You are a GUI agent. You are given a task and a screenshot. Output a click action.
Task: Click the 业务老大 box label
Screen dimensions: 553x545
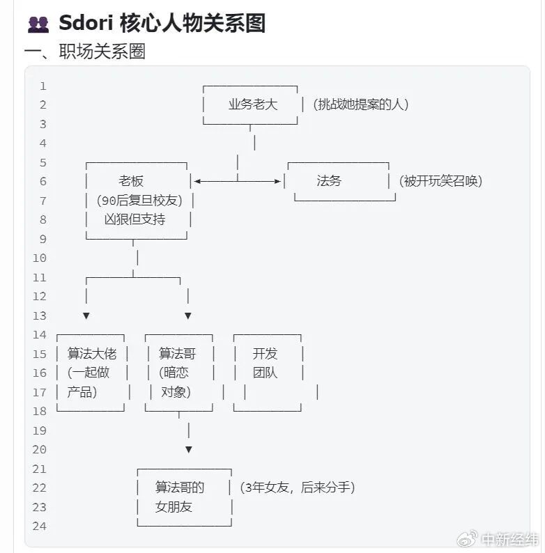click(x=252, y=104)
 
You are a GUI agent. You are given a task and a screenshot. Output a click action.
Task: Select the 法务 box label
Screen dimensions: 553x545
click(x=329, y=181)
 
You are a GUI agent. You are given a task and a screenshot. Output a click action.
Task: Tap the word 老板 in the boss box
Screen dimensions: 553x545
click(x=131, y=181)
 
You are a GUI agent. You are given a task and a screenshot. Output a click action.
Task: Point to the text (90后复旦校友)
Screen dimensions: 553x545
click(x=139, y=201)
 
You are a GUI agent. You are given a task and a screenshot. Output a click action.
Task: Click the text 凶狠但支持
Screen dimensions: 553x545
click(x=135, y=219)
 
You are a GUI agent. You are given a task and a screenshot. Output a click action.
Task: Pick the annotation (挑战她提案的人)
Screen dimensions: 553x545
click(x=360, y=104)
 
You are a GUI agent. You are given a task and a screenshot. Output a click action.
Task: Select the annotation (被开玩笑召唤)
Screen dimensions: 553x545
click(x=441, y=181)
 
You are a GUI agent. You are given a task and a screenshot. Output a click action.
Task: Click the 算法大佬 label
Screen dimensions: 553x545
click(x=91, y=353)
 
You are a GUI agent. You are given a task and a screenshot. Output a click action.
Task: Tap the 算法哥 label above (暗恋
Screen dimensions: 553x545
click(x=178, y=353)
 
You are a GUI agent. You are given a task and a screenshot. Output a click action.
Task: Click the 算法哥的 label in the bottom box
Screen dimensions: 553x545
click(x=180, y=488)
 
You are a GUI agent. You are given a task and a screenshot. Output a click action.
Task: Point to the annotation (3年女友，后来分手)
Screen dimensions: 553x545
click(x=297, y=488)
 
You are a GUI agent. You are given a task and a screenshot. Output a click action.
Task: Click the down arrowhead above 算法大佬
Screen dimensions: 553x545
click(x=86, y=316)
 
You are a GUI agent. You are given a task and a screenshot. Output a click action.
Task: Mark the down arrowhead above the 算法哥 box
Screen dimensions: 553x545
click(x=188, y=316)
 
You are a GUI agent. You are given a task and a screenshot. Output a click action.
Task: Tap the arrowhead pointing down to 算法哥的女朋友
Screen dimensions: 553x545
click(x=188, y=450)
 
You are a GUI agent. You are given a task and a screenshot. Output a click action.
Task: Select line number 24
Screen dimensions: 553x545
click(x=39, y=527)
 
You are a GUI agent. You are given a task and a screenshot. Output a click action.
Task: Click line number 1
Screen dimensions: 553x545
click(x=43, y=86)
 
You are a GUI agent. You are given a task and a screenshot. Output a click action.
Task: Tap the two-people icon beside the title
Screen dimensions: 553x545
click(x=38, y=24)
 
